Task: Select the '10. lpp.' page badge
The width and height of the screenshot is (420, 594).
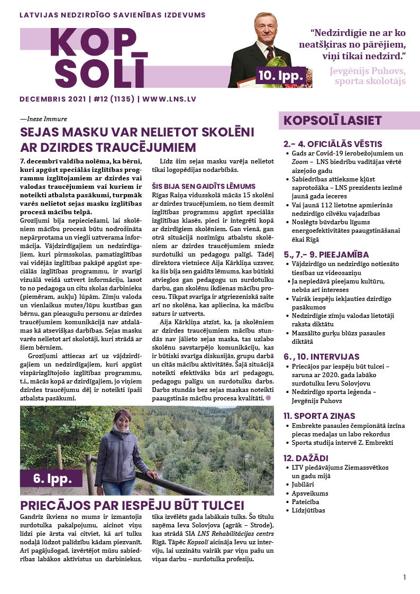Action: click(280, 76)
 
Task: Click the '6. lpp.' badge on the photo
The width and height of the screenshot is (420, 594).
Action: click(51, 479)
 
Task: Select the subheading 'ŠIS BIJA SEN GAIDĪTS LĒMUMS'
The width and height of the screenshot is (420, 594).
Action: click(204, 186)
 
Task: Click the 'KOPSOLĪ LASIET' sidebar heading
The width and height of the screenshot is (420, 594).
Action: click(332, 121)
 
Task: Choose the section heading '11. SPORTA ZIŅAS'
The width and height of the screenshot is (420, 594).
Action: click(319, 416)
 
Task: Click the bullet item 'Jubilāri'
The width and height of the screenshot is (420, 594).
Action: click(306, 485)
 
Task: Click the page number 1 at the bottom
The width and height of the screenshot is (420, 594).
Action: click(404, 577)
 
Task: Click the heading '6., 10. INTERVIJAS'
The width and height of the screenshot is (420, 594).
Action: click(322, 357)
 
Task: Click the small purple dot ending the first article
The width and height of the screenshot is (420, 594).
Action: click(269, 397)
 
